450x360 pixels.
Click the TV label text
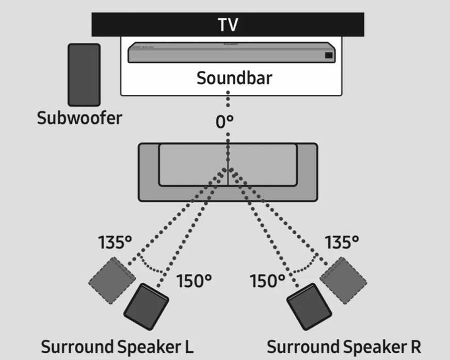click(x=228, y=24)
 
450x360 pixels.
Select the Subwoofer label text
click(x=79, y=118)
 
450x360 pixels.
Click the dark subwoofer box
click(x=84, y=75)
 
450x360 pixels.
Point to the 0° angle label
click(x=224, y=122)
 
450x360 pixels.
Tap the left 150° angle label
click(x=195, y=281)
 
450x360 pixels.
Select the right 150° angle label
click(x=267, y=281)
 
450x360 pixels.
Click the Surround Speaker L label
click(x=117, y=346)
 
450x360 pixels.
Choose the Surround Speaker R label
click(x=344, y=346)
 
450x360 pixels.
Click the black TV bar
click(x=155, y=24)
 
